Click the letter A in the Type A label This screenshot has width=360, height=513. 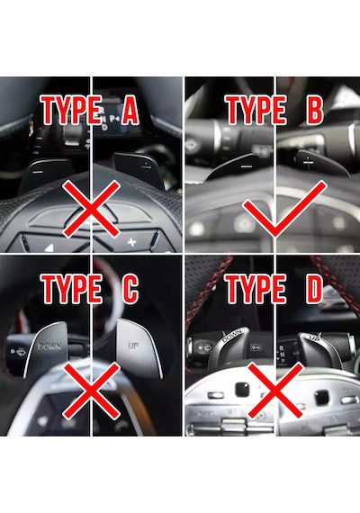click(130, 110)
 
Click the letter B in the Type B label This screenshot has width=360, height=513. click(314, 110)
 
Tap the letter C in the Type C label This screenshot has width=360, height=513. click(130, 289)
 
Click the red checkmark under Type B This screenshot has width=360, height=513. click(284, 209)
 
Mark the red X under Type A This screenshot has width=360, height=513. click(91, 210)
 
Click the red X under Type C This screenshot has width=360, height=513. click(91, 391)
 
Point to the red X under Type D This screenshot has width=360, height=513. click(274, 391)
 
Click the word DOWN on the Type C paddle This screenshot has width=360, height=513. click(49, 346)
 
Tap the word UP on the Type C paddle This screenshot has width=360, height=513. click(133, 346)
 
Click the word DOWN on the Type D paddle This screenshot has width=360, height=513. click(231, 336)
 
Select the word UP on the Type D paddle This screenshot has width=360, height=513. click(314, 338)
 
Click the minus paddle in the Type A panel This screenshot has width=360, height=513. click(46, 175)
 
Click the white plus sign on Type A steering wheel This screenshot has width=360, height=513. click(131, 242)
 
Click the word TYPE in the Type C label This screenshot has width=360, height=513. click(71, 289)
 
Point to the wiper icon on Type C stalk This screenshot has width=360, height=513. click(21, 351)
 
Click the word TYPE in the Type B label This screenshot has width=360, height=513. click(256, 110)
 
